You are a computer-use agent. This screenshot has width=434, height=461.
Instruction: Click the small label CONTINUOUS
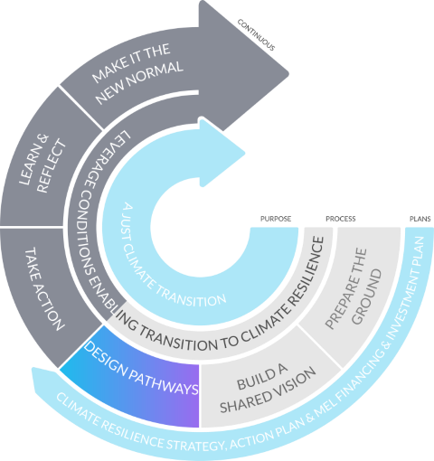[256, 35]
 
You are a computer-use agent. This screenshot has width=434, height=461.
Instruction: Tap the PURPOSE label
[276, 219]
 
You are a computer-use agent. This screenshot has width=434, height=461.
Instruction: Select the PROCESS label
[341, 219]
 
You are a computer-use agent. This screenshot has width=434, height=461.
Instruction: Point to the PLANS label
[420, 219]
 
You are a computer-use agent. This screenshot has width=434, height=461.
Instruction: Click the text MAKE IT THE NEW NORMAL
[137, 74]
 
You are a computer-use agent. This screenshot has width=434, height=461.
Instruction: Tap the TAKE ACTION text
[44, 289]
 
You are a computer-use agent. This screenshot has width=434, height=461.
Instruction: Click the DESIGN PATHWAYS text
[141, 368]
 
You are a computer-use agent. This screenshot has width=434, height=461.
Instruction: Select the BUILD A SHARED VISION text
[268, 388]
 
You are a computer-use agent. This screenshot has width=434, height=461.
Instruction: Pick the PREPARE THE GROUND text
[354, 287]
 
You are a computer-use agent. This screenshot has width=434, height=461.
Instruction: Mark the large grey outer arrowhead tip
[288, 73]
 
